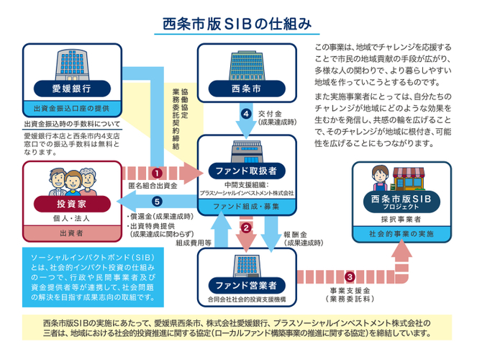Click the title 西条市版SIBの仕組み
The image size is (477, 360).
pos(238,22)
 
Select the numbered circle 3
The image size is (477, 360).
pos(350,276)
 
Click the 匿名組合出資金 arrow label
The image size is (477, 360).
pos(152,186)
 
